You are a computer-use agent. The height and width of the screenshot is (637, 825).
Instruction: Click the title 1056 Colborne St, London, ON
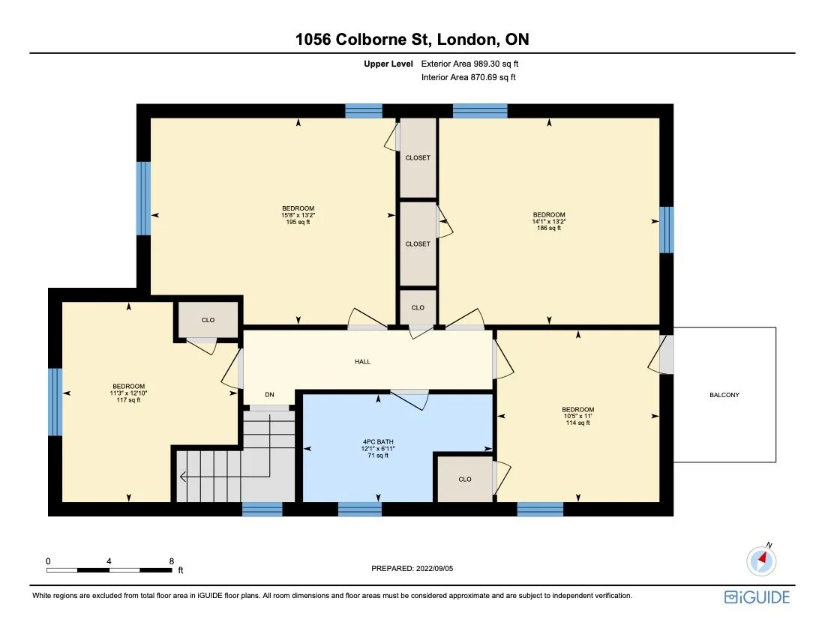[x=412, y=39]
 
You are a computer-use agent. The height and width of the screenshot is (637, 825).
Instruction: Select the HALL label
[x=362, y=362]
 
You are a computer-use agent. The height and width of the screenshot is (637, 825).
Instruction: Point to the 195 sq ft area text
[x=298, y=223]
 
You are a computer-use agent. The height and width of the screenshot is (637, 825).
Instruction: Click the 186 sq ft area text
[x=548, y=229]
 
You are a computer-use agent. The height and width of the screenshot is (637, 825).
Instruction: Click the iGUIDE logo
[x=757, y=597]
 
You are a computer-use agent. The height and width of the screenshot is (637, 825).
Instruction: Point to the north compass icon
[x=762, y=560]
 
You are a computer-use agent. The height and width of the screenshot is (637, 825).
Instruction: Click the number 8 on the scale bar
[x=172, y=561]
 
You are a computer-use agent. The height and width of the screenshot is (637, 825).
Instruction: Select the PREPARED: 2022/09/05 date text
[x=412, y=569]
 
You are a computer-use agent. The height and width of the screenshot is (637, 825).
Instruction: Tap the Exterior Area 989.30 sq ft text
[x=469, y=64]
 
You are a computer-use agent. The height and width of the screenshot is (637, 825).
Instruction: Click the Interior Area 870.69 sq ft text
[x=469, y=77]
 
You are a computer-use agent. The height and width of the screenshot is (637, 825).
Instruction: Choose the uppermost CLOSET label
[x=418, y=158]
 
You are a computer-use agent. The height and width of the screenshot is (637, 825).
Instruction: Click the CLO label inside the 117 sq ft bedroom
[x=208, y=320]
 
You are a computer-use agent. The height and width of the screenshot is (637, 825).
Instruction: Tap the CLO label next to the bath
[x=465, y=479]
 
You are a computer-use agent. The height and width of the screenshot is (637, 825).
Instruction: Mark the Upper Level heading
[x=388, y=64]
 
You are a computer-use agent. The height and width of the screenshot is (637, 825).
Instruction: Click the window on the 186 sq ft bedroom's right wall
[x=666, y=230]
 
